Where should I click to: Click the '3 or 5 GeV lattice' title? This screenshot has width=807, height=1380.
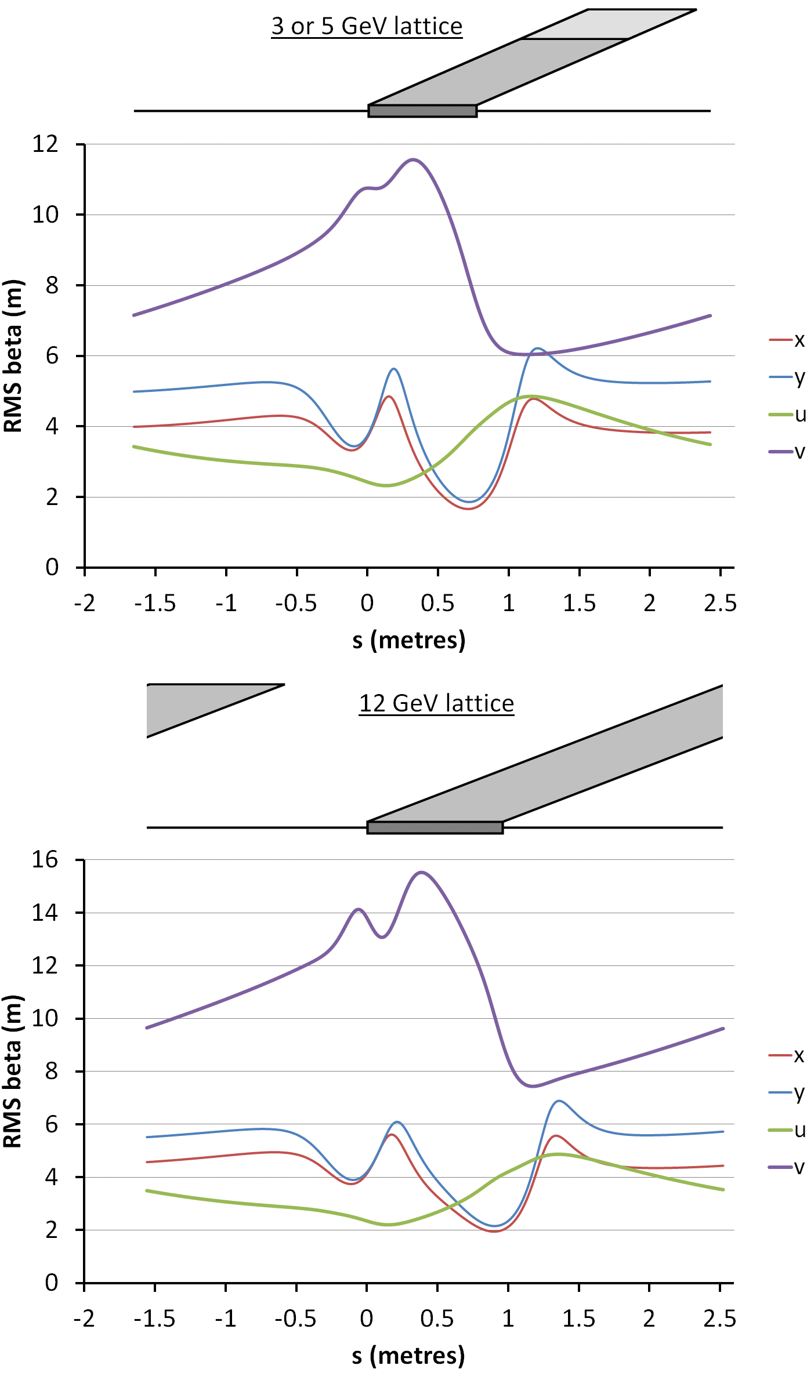pos(367,27)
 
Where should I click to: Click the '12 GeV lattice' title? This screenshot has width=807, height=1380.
pos(436,703)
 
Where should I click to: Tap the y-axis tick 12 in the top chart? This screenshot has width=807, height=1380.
pos(45,144)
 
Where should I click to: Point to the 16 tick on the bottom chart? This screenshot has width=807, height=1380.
pos(45,860)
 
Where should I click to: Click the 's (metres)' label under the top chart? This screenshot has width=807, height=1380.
pos(409,640)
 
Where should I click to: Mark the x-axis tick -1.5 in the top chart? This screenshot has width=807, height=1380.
pos(155,604)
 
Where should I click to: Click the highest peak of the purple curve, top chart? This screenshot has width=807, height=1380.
pos(413,159)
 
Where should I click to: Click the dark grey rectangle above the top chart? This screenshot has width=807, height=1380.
pos(422,111)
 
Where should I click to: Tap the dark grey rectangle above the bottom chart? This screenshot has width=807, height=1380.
pos(435,827)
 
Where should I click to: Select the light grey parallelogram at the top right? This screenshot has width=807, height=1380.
pos(609,24)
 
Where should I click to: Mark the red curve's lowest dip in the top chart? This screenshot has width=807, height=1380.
pos(468,509)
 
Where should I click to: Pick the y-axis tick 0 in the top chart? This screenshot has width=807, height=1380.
pos(52,568)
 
